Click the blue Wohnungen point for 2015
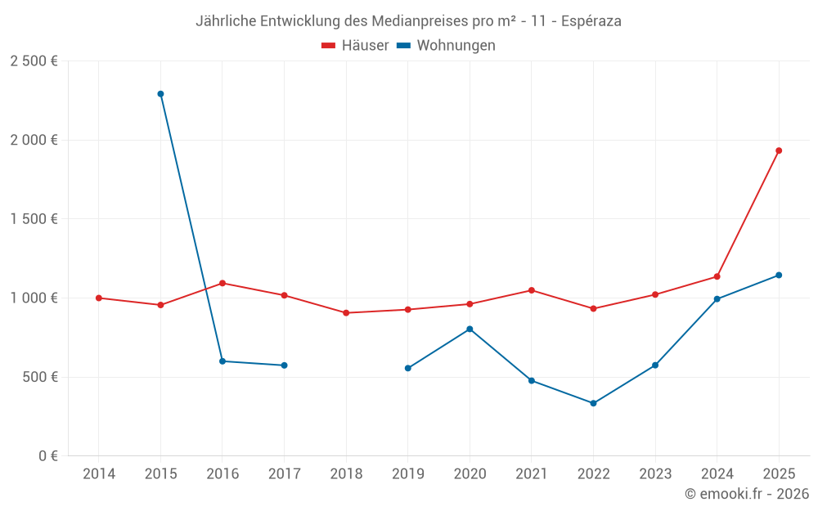pyautogui.click(x=160, y=94)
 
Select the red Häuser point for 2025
pyautogui.click(x=779, y=150)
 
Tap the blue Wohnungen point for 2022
pyautogui.click(x=593, y=403)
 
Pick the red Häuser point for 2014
pyautogui.click(x=99, y=298)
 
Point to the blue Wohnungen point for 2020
pyautogui.click(x=470, y=329)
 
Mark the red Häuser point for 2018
pyautogui.click(x=346, y=313)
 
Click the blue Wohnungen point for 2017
pyautogui.click(x=284, y=365)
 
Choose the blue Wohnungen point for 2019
pyautogui.click(x=408, y=368)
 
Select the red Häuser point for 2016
pyautogui.click(x=222, y=283)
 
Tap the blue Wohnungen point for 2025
pyautogui.click(x=779, y=275)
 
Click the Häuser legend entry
pyautogui.click(x=355, y=46)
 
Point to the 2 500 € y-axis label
pyautogui.click(x=34, y=61)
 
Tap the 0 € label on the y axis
pyautogui.click(x=48, y=456)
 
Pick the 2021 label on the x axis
pyautogui.click(x=532, y=473)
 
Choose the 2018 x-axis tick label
pyautogui.click(x=346, y=473)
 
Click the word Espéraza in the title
pyautogui.click(x=591, y=21)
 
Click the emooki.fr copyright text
pyautogui.click(x=747, y=494)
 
